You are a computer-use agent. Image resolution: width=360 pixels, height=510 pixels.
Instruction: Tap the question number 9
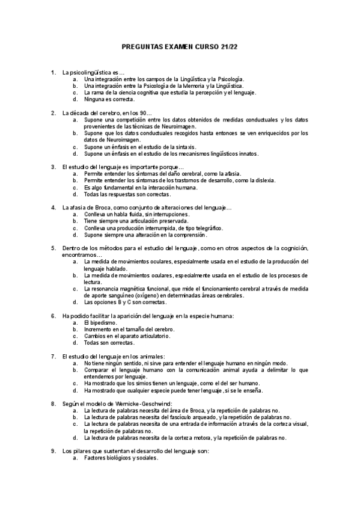coord(53,451)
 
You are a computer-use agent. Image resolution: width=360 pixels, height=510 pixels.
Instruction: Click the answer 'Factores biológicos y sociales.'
coord(121,458)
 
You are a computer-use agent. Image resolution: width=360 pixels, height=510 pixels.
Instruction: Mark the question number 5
coord(53,248)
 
